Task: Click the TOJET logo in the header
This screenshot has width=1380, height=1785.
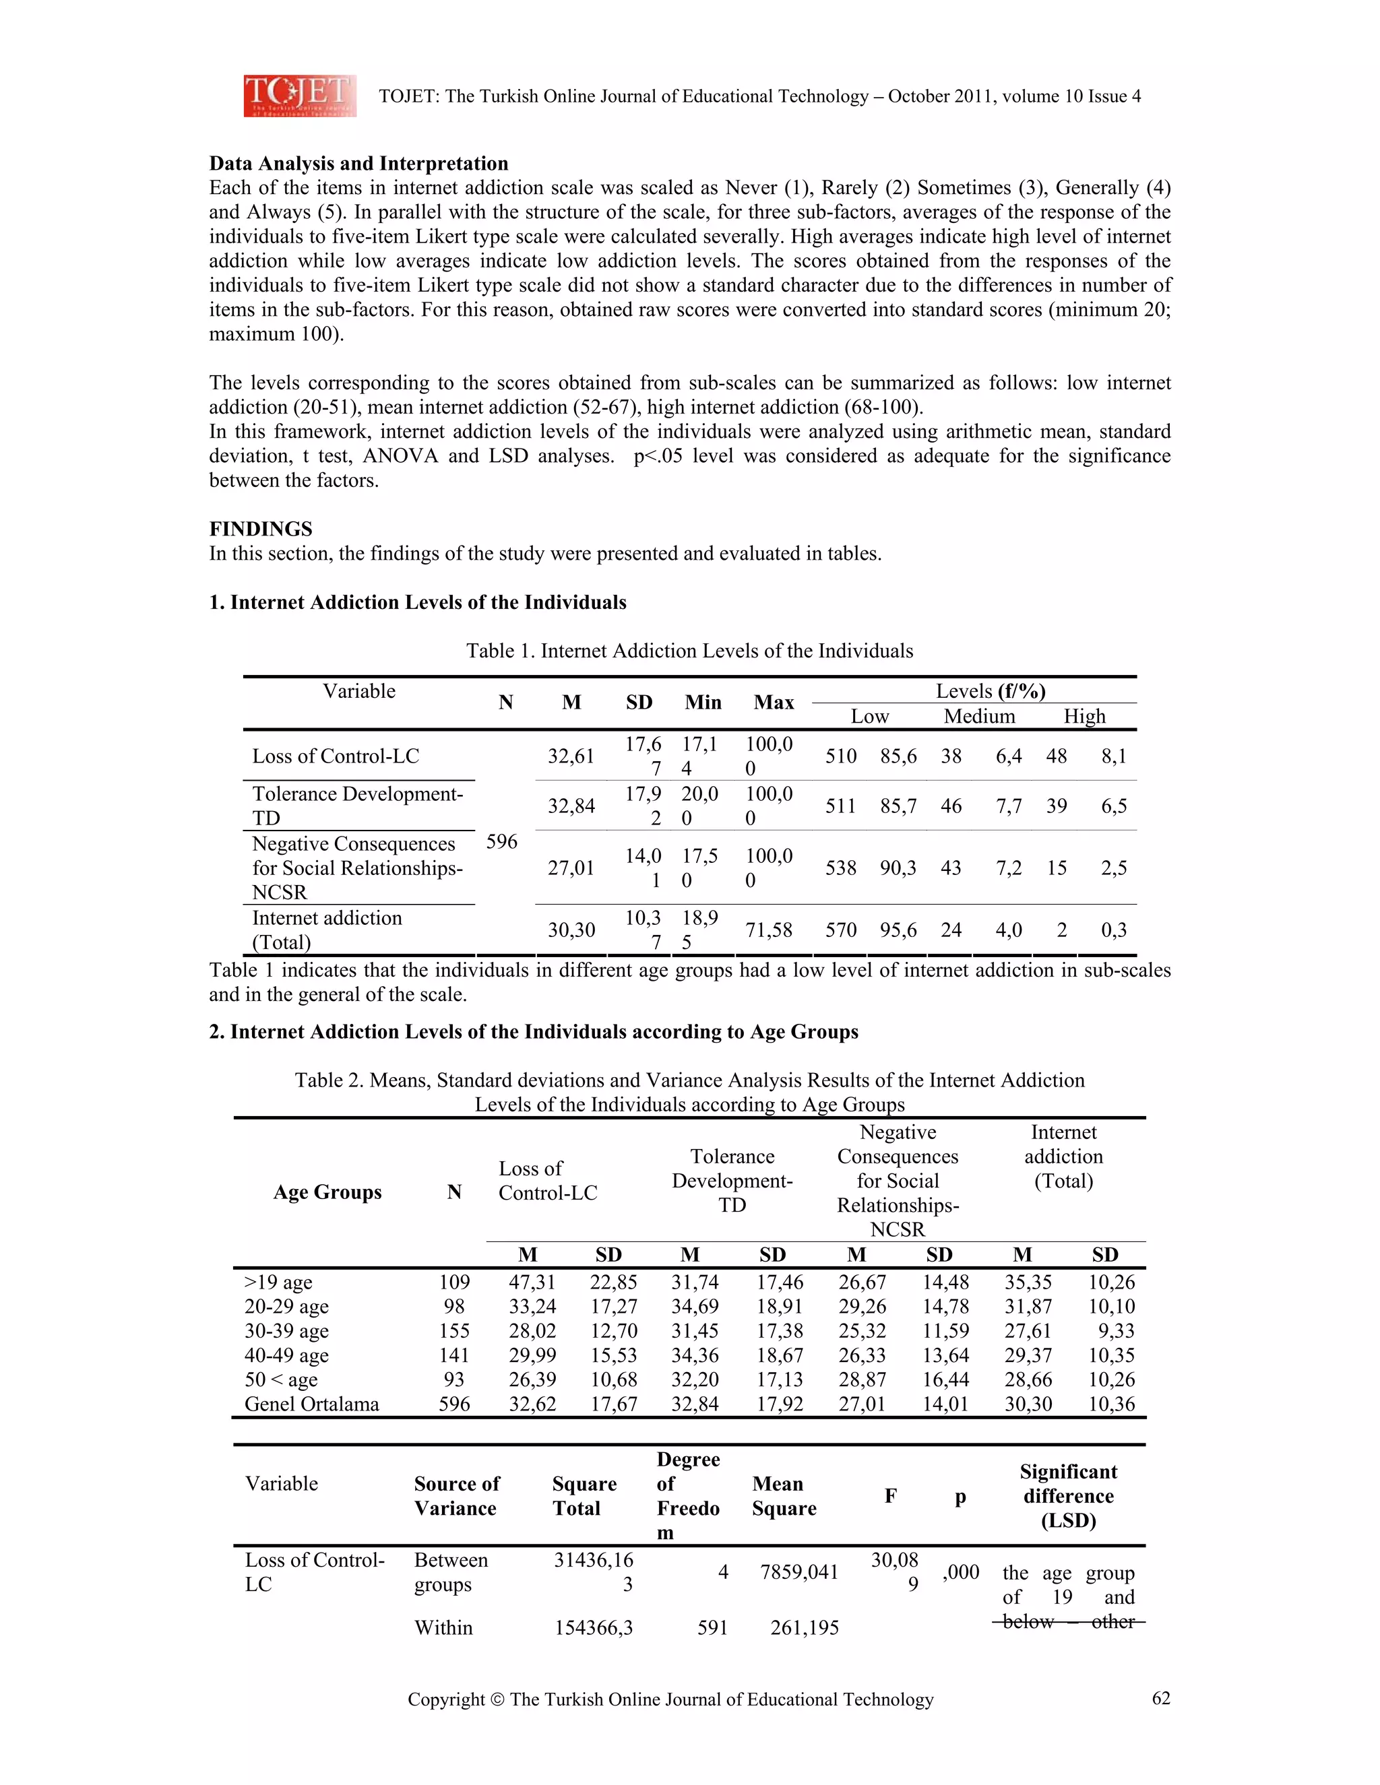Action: [x=299, y=96]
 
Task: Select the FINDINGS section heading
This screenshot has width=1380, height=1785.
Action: [x=261, y=529]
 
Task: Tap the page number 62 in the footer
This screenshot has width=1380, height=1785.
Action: [x=1161, y=1698]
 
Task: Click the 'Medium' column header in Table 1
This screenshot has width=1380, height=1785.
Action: [x=978, y=717]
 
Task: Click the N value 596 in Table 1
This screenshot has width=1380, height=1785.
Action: [x=501, y=842]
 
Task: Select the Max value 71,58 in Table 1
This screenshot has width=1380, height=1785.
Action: [x=768, y=930]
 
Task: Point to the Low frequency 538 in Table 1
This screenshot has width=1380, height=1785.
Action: [x=840, y=868]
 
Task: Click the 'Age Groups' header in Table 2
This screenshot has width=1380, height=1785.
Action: [x=327, y=1192]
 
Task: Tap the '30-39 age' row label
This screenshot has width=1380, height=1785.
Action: [x=286, y=1332]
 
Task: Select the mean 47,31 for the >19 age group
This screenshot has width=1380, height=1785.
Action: [x=532, y=1283]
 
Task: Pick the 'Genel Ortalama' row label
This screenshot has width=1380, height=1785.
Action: [x=311, y=1404]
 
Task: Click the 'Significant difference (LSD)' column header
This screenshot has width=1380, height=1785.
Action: [x=1068, y=1497]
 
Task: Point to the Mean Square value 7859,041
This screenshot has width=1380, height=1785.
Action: [x=798, y=1573]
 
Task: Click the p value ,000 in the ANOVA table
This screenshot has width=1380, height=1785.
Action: [x=961, y=1573]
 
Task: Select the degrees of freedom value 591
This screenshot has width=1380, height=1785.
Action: [x=712, y=1628]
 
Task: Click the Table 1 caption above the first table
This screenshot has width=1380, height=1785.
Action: [x=689, y=651]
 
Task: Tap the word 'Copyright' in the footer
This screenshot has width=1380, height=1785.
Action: [x=446, y=1700]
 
